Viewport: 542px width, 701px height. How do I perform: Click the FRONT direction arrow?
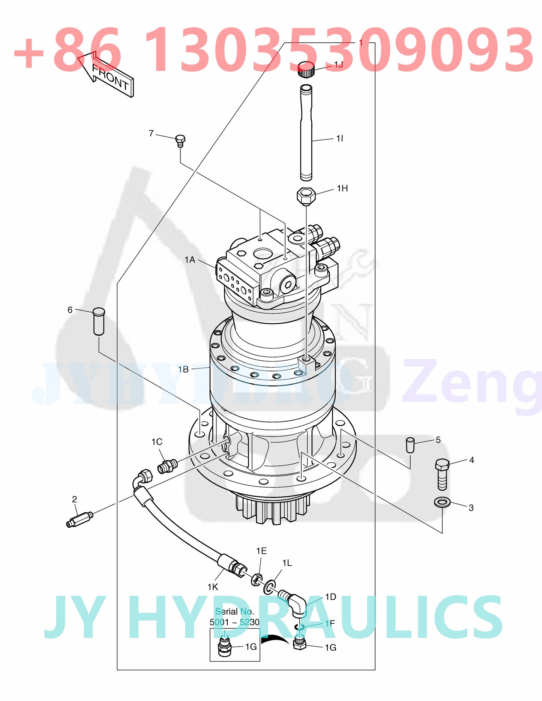107,75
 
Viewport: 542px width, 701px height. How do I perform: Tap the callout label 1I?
339,139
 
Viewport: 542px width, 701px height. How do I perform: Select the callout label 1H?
342,188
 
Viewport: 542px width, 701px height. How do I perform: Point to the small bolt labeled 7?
180,141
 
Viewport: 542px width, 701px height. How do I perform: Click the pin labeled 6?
99,321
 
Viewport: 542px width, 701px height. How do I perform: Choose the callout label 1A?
190,260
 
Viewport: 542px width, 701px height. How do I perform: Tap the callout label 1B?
183,369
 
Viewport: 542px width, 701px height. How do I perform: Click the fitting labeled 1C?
167,466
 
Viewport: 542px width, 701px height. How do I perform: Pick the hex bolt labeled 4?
442,474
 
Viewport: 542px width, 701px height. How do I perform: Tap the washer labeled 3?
442,502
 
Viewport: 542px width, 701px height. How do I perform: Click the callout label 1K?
213,587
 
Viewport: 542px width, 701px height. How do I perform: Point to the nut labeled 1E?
256,579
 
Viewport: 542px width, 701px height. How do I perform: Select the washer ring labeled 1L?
269,587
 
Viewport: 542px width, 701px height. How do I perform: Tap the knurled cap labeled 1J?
306,70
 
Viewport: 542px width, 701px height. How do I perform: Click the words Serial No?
234,612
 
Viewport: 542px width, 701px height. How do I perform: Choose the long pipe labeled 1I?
306,133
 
